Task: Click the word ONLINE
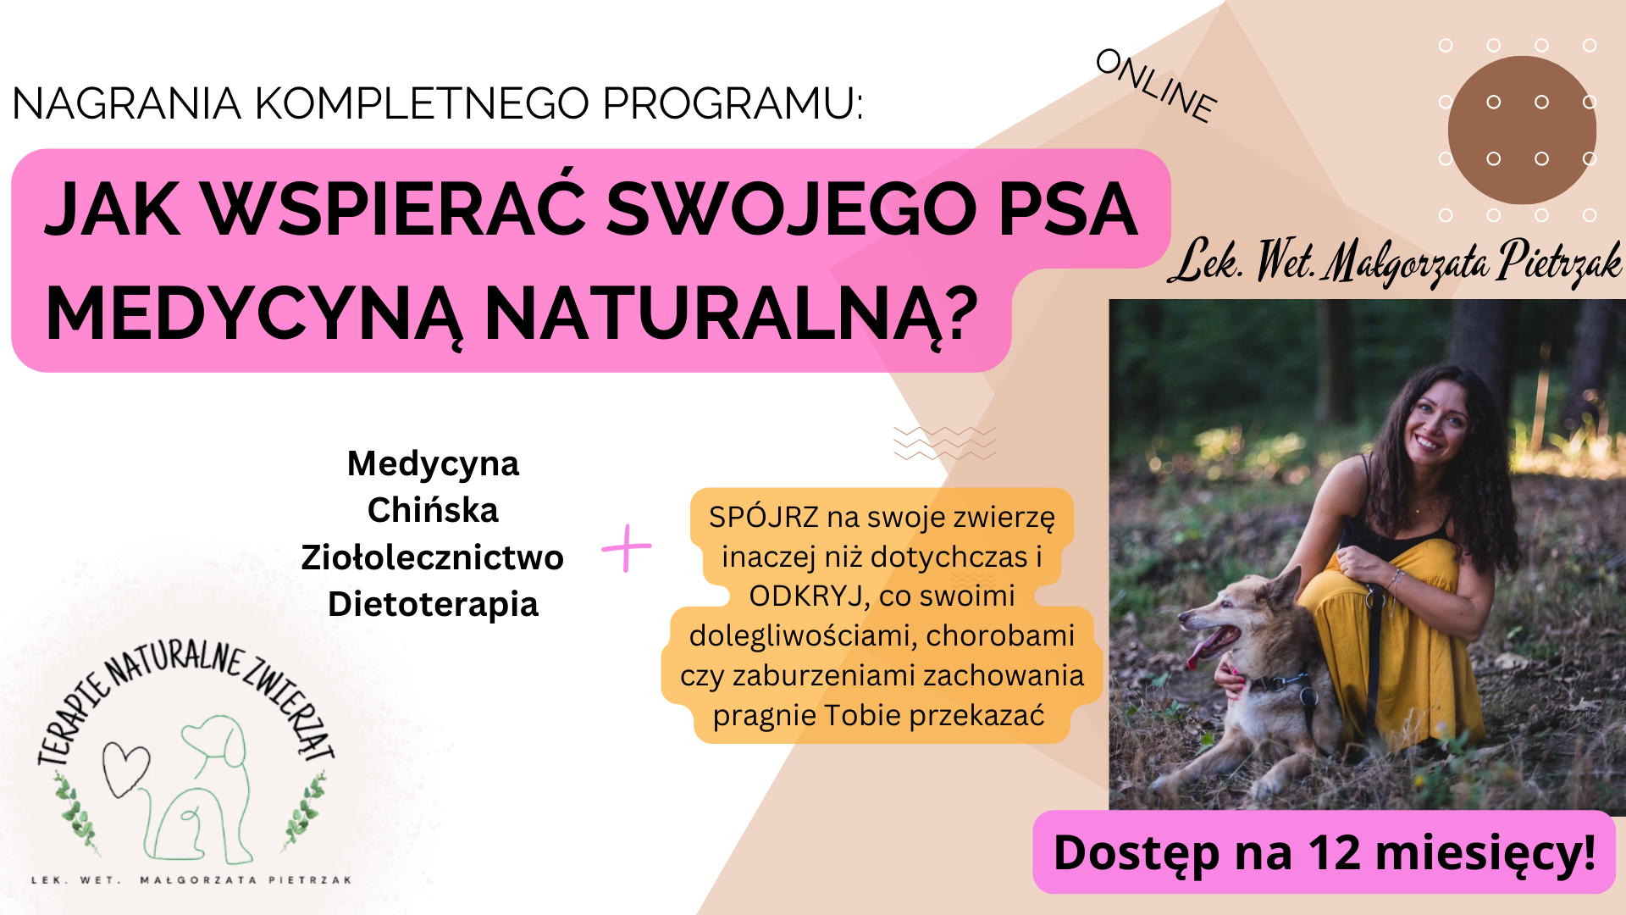pyautogui.click(x=1157, y=86)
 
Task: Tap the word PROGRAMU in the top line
pyautogui.click(x=733, y=103)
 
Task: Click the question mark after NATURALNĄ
pyautogui.click(x=960, y=311)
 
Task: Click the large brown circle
pyautogui.click(x=1522, y=130)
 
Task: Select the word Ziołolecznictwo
pyautogui.click(x=432, y=557)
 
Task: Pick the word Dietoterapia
pyautogui.click(x=433, y=605)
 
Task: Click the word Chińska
pyautogui.click(x=433, y=510)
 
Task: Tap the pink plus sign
pyautogui.click(x=627, y=548)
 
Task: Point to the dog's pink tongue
pyautogui.click(x=1202, y=648)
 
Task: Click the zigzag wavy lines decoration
pyautogui.click(x=944, y=443)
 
